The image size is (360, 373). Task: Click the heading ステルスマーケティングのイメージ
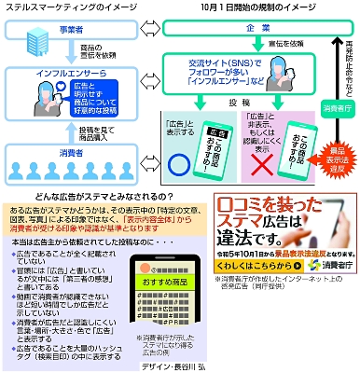(67, 8)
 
